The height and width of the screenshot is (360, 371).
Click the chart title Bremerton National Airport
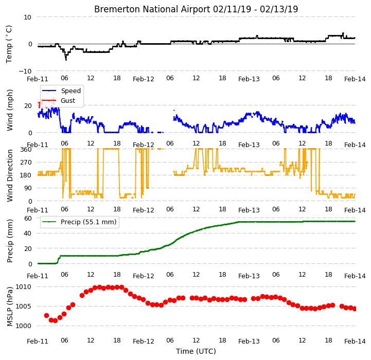[x=152, y=9]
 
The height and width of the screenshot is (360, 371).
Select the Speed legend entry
[x=61, y=91]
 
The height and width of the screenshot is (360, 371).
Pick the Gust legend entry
[x=59, y=100]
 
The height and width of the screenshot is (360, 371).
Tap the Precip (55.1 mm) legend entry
[x=79, y=222]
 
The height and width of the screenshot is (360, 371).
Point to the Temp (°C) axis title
[x=9, y=44]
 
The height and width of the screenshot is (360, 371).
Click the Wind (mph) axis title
[x=10, y=110]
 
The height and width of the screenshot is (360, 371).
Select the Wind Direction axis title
[x=10, y=175]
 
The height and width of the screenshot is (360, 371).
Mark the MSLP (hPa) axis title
[x=10, y=307]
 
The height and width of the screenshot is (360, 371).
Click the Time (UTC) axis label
[x=196, y=351]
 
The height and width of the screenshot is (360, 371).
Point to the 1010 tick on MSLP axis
[x=24, y=287]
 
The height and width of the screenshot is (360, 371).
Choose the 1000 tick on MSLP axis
[x=24, y=326]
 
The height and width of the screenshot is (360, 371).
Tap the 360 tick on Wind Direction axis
[x=26, y=150]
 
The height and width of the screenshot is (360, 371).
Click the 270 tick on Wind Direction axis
[x=26, y=163]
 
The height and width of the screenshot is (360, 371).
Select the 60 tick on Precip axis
[x=28, y=219]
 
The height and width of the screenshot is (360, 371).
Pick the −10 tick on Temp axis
[x=25, y=71]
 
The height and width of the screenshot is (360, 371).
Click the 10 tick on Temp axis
[x=27, y=17]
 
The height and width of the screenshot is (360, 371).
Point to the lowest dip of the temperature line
[x=66, y=60]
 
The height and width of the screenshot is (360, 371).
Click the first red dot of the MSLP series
[x=46, y=316]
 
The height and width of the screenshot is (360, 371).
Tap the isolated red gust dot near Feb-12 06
[x=174, y=110]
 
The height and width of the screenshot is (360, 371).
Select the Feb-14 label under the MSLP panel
[x=355, y=341]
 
